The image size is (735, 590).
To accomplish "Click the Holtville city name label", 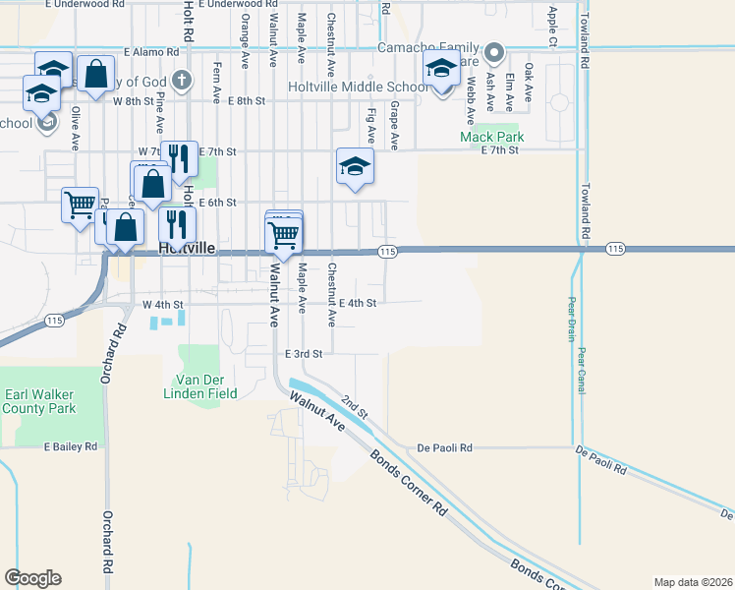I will [x=186, y=249].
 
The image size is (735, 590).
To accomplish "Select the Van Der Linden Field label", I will [x=207, y=386].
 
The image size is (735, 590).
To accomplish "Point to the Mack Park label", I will [x=492, y=137].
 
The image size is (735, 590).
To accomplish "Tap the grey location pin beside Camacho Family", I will [x=494, y=52].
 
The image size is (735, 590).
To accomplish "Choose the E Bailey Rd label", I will [x=71, y=446].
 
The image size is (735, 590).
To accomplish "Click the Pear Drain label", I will [x=571, y=319].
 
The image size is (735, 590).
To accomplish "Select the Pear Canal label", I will [x=582, y=370].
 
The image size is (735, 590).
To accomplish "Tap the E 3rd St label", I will [x=305, y=353].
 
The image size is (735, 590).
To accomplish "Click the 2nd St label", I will [x=354, y=405].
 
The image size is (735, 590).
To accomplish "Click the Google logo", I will [x=32, y=577].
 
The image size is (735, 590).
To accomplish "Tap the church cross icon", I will [x=180, y=79].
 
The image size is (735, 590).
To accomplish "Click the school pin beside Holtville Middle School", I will [x=441, y=70].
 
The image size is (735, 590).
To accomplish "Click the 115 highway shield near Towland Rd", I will [x=616, y=249].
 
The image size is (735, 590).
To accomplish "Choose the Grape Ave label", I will [x=394, y=125].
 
